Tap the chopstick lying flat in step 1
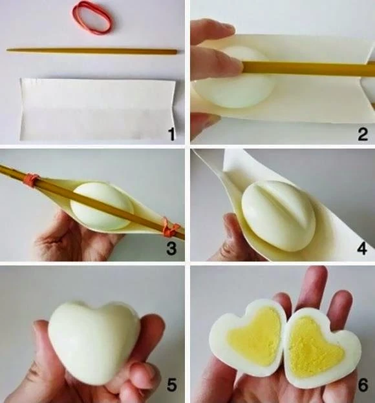[92, 51]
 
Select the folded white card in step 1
[97, 109]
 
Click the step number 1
[172, 134]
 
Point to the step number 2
[363, 134]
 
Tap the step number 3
[171, 249]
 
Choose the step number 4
[362, 249]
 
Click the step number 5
[172, 385]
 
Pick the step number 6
[363, 385]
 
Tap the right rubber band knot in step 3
[171, 228]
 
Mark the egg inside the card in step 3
[102, 205]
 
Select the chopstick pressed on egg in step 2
[308, 68]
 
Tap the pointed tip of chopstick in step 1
[7, 50]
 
